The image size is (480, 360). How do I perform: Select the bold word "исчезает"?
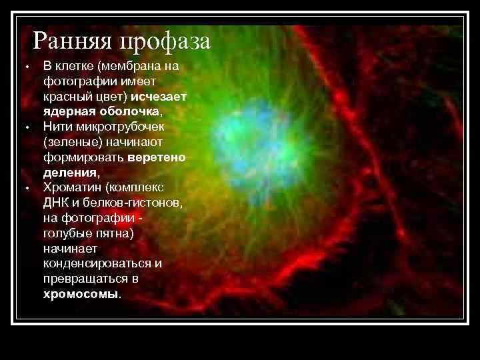[x=159, y=96]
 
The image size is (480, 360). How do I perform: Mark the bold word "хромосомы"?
[x=79, y=294]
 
